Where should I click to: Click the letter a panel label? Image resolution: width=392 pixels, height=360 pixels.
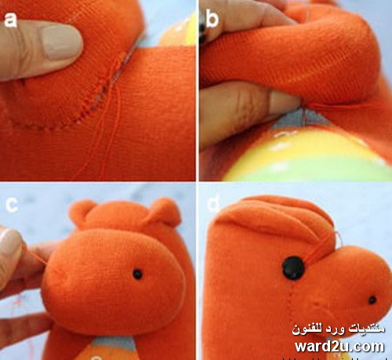[10, 20]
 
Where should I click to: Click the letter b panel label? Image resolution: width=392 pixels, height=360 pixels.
[212, 18]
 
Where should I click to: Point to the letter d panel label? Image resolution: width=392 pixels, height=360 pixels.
[212, 203]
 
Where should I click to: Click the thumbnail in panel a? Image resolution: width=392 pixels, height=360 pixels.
[62, 43]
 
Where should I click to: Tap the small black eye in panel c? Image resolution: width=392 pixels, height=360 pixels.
[137, 274]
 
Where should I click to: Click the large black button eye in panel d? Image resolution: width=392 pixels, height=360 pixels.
[293, 268]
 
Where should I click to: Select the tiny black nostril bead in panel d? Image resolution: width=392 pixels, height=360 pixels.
[372, 300]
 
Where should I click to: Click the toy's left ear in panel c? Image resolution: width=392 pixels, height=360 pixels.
[80, 211]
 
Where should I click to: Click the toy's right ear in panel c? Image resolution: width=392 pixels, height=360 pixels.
[165, 212]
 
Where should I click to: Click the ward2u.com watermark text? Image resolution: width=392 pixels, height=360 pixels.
[339, 347]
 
